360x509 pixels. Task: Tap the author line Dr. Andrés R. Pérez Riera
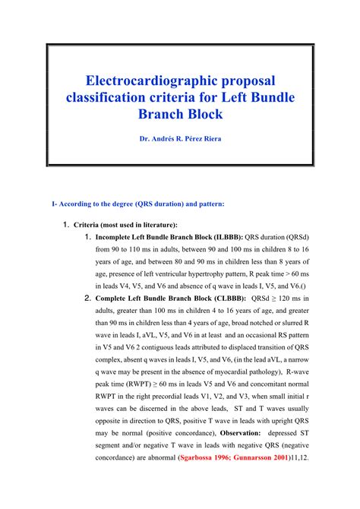180,140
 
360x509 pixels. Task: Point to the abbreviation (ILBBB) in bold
227,236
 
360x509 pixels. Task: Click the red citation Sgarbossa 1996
206,458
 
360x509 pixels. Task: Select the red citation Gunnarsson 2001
260,458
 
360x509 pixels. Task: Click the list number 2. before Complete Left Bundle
88,299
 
